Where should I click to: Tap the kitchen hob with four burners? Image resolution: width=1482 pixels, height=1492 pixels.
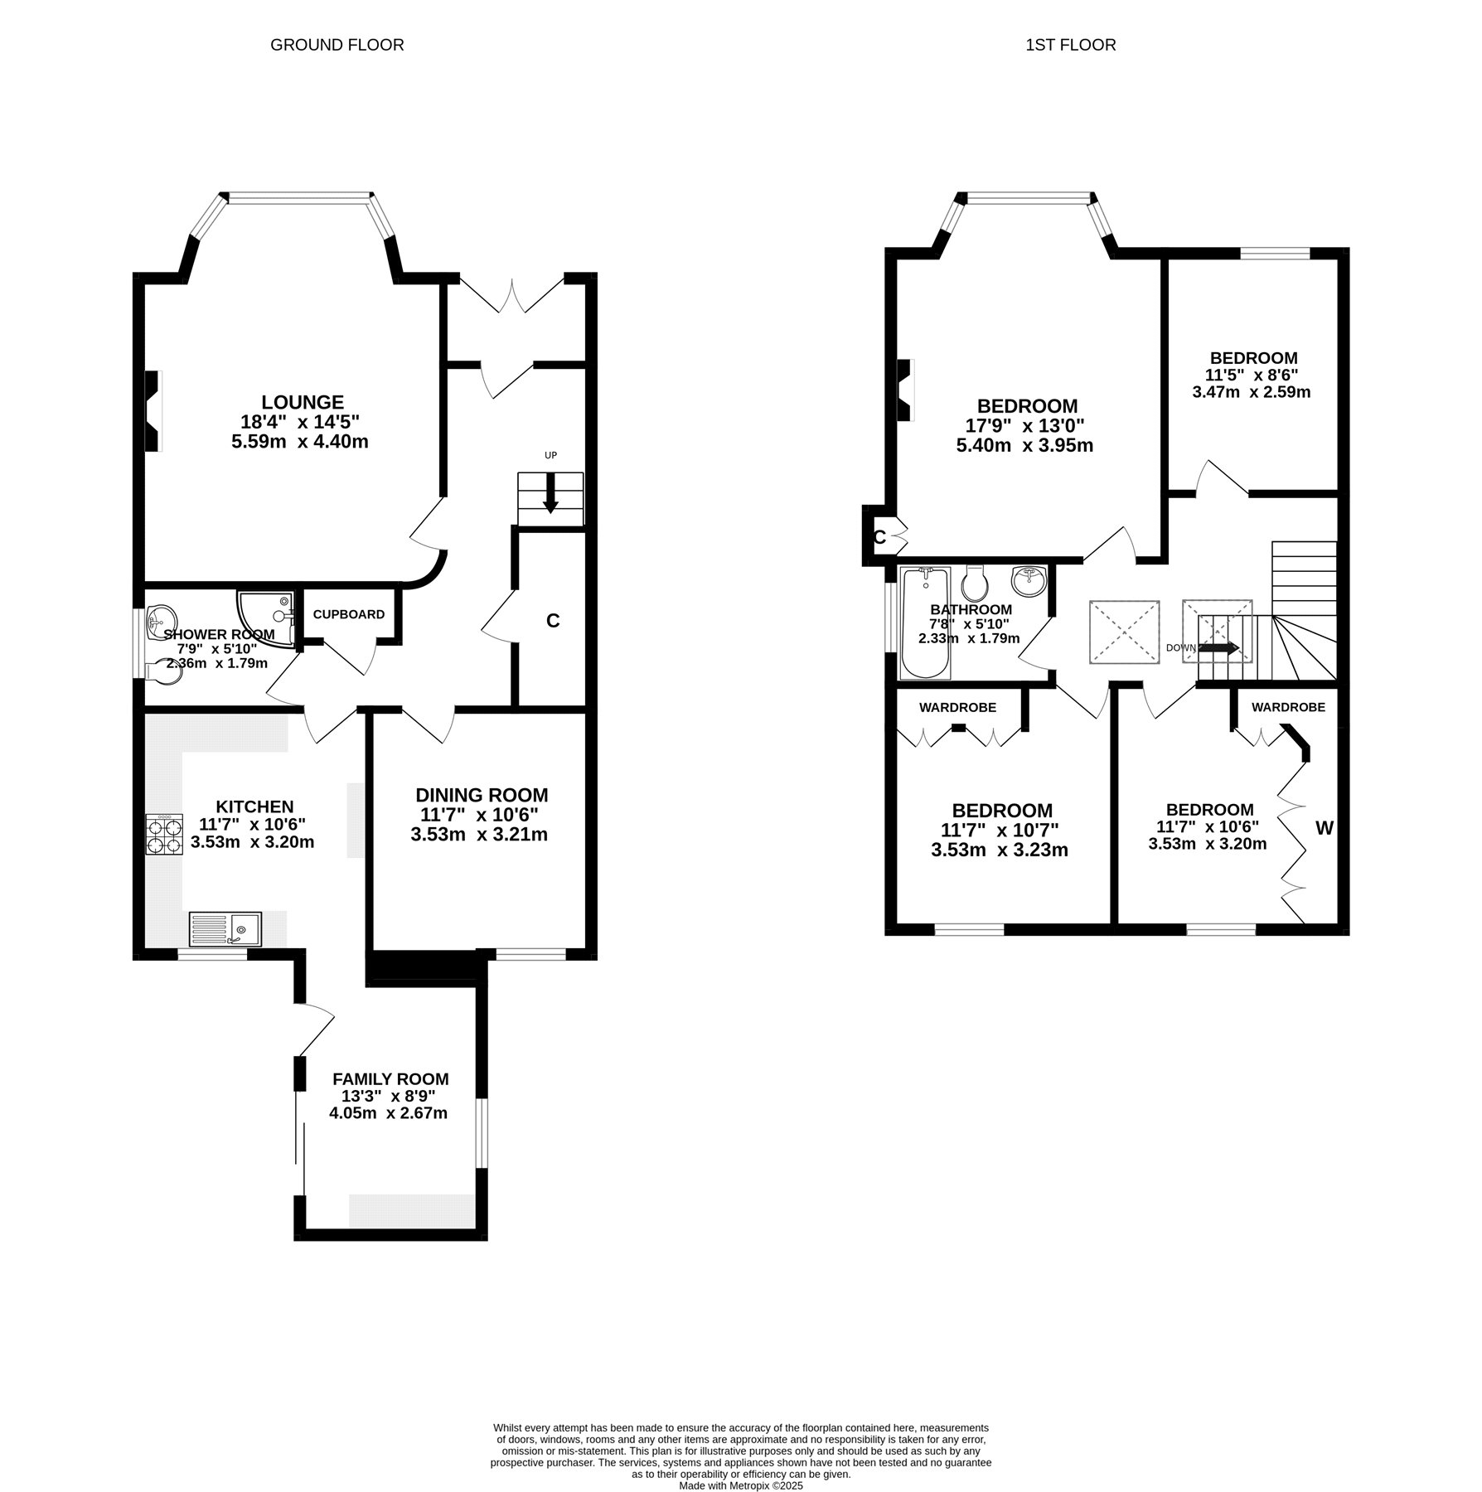click(x=164, y=835)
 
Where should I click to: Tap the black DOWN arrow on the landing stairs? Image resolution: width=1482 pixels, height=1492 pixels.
click(x=1219, y=648)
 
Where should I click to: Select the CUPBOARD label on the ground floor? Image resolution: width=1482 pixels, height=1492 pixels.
click(x=349, y=614)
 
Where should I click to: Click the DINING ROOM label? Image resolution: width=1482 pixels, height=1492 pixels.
click(x=482, y=796)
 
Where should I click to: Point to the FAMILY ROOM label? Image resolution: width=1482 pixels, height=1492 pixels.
click(x=390, y=1079)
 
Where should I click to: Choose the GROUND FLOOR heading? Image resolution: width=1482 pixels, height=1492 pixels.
click(x=337, y=45)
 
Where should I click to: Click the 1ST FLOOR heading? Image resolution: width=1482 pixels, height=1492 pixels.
click(x=1071, y=45)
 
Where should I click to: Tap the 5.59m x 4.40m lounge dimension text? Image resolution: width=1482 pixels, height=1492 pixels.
click(x=300, y=442)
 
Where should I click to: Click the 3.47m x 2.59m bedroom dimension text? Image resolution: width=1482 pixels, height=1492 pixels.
click(x=1252, y=391)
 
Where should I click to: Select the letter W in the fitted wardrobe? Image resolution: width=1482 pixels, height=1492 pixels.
click(x=1325, y=828)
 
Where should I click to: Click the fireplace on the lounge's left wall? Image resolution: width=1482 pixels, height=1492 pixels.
click(x=153, y=411)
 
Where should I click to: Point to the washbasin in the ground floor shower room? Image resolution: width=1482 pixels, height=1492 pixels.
click(x=159, y=621)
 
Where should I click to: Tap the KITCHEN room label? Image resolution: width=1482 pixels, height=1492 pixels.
click(x=254, y=807)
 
